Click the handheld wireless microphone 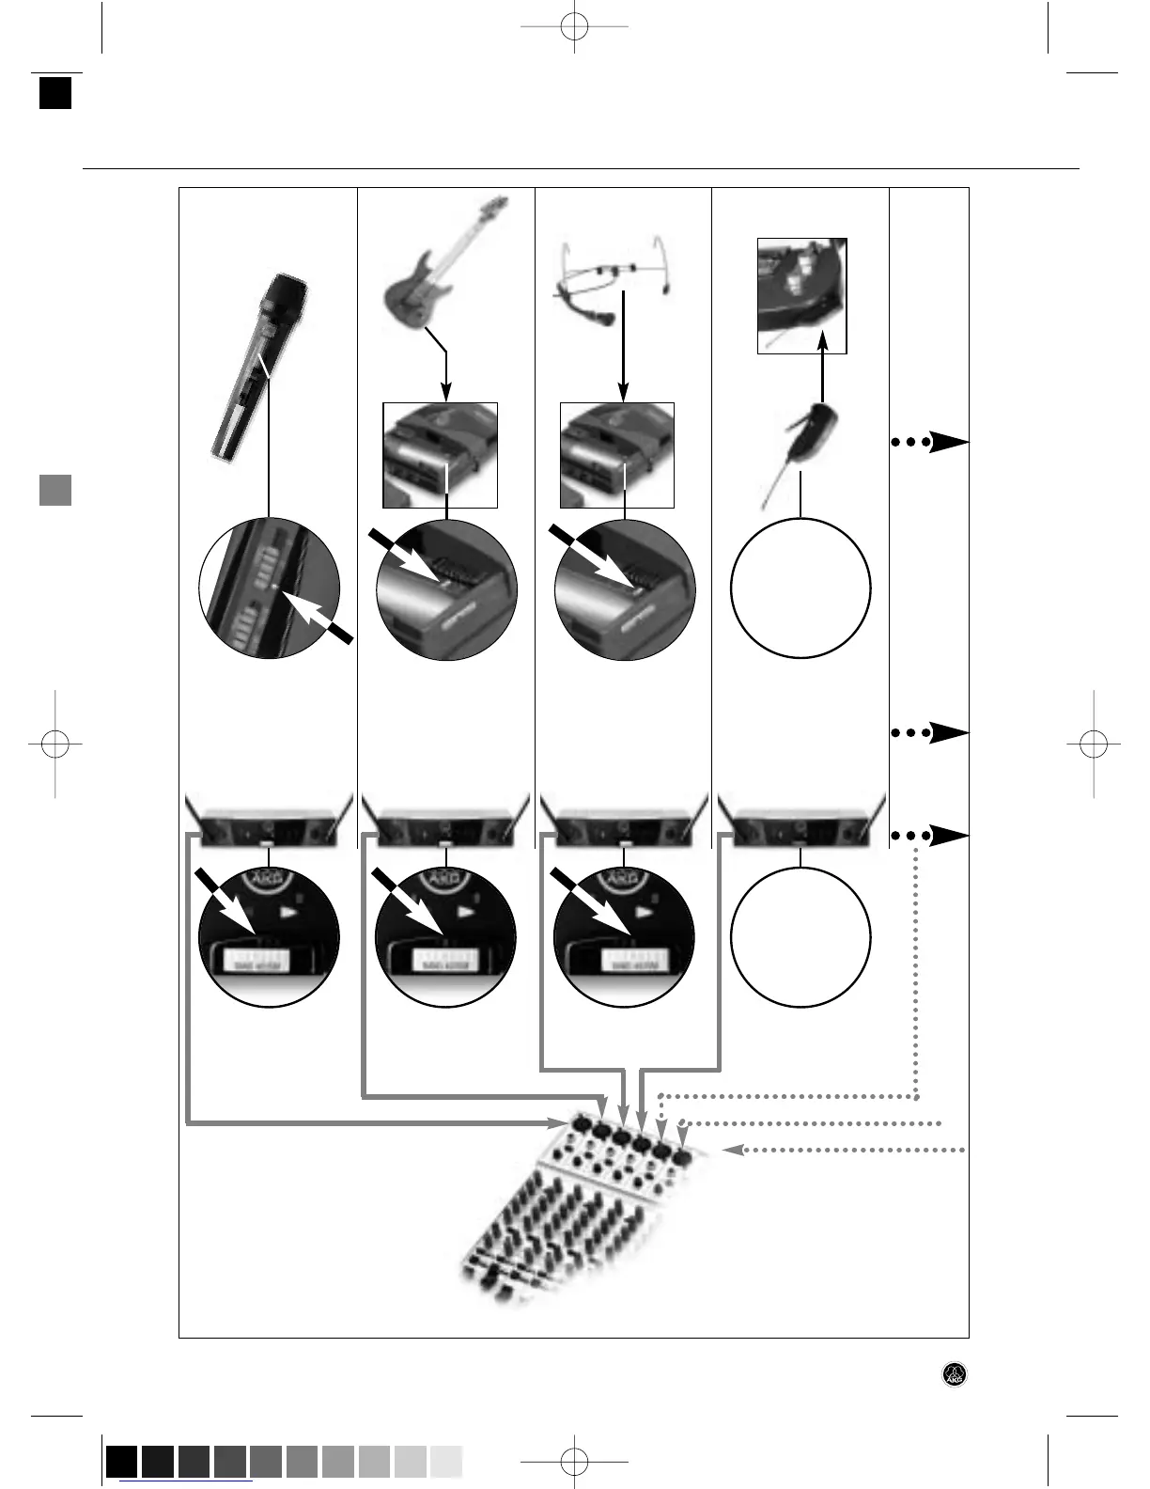click(x=256, y=367)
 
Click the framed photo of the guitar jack click(x=802, y=295)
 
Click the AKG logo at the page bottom click(x=955, y=1373)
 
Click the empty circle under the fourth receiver click(x=800, y=937)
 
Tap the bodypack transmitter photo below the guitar click(x=440, y=455)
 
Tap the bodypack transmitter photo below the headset click(x=617, y=455)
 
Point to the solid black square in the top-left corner click(x=55, y=93)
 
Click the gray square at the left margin click(x=55, y=490)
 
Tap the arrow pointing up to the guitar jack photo click(x=821, y=376)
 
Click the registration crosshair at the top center click(x=574, y=27)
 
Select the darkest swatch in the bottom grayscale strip click(x=121, y=1463)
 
